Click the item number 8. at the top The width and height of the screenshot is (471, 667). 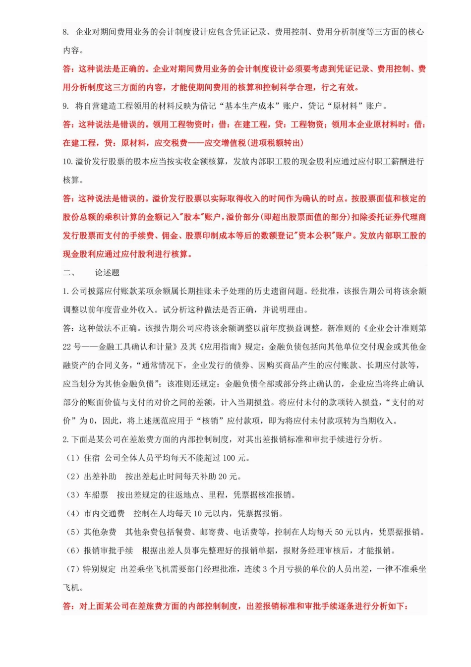coord(66,32)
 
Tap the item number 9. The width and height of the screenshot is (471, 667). coord(66,106)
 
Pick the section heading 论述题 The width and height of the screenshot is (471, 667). coord(108,273)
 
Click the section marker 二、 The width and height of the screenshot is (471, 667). coord(69,273)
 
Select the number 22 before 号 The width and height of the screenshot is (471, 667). coord(67,347)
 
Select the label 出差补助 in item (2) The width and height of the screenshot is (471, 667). coord(100,477)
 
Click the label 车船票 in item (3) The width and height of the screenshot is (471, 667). coord(96,495)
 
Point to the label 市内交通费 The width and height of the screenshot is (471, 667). coord(104,514)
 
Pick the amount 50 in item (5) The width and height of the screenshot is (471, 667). coord(339,532)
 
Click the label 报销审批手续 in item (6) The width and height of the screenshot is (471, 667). coord(109,551)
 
